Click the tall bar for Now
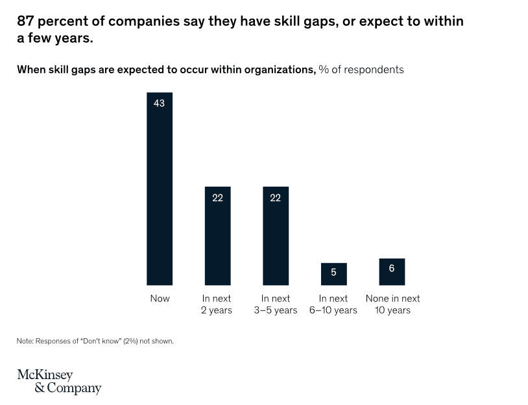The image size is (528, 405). [160, 194]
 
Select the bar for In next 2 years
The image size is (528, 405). [217, 240]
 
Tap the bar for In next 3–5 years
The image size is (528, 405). [276, 240]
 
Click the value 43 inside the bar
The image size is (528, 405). [160, 103]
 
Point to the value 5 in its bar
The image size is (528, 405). [333, 273]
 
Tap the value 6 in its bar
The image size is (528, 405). [392, 268]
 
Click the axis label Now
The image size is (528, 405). [160, 299]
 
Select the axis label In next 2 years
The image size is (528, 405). [217, 305]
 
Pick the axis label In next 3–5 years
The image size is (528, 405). [276, 305]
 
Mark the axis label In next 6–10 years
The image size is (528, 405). [333, 305]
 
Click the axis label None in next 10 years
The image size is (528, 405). [392, 305]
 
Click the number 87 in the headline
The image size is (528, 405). [26, 21]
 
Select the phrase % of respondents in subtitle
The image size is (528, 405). [361, 69]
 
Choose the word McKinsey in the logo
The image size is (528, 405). [45, 375]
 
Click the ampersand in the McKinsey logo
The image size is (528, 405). [40, 389]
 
